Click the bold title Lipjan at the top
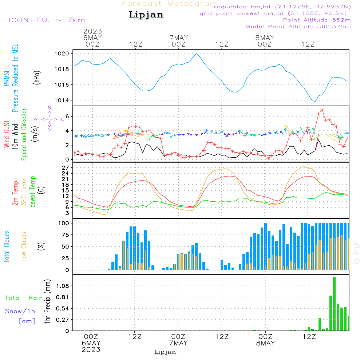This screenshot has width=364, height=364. tap(146, 15)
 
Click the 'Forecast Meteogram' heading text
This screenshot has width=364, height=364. tap(169, 4)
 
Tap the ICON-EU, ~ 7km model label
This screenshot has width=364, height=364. tap(47, 20)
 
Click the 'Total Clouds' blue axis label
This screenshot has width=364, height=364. tap(7, 246)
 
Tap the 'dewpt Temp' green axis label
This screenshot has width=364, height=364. tap(33, 192)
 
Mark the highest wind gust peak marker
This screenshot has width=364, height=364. tap(322, 110)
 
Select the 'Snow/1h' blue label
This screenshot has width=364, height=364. tap(20, 311)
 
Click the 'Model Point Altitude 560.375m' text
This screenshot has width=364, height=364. tap(298, 27)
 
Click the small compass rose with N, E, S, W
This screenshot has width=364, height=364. tap(50, 119)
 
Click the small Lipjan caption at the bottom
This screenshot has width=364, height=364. tap(165, 352)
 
